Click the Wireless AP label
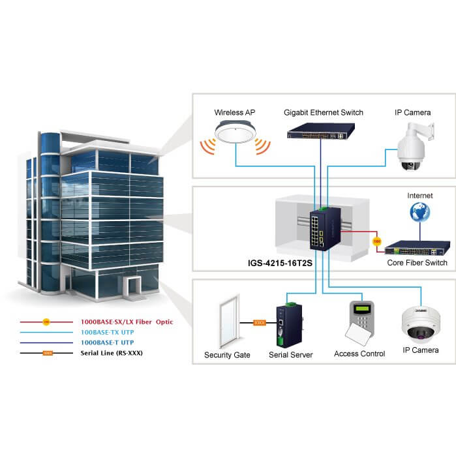[234, 112]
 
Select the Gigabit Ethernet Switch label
[323, 112]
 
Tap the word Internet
[419, 195]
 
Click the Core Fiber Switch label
[418, 263]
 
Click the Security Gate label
[227, 355]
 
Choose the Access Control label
[359, 354]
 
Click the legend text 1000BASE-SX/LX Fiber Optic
[127, 322]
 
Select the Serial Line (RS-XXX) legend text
[112, 353]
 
